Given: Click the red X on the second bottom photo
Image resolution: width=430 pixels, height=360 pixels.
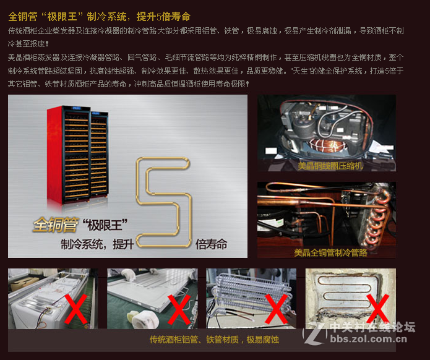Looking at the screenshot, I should [179, 309].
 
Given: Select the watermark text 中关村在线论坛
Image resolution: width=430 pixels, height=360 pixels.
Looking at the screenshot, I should [371, 327].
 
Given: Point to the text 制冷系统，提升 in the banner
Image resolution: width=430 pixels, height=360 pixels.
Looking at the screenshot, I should [97, 244].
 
